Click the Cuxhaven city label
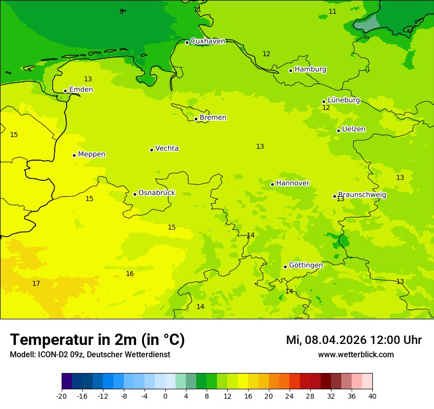tap(208, 41)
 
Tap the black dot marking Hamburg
tap(291, 70)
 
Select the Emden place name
tap(81, 90)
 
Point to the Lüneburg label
tap(344, 100)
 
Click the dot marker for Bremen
tap(196, 119)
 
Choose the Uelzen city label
tap(354, 129)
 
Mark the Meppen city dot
tap(74, 155)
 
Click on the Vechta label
tap(167, 148)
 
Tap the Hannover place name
tap(292, 183)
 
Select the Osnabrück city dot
tap(135, 194)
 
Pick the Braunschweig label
tap(362, 195)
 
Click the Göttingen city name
tap(306, 265)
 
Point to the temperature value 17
tap(36, 283)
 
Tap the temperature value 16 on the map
tap(130, 273)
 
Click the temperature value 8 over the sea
tap(121, 11)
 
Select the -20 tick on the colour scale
tap(62, 396)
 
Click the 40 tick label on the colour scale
tap(372, 396)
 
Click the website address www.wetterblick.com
tap(356, 355)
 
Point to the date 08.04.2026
tap(335, 340)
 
